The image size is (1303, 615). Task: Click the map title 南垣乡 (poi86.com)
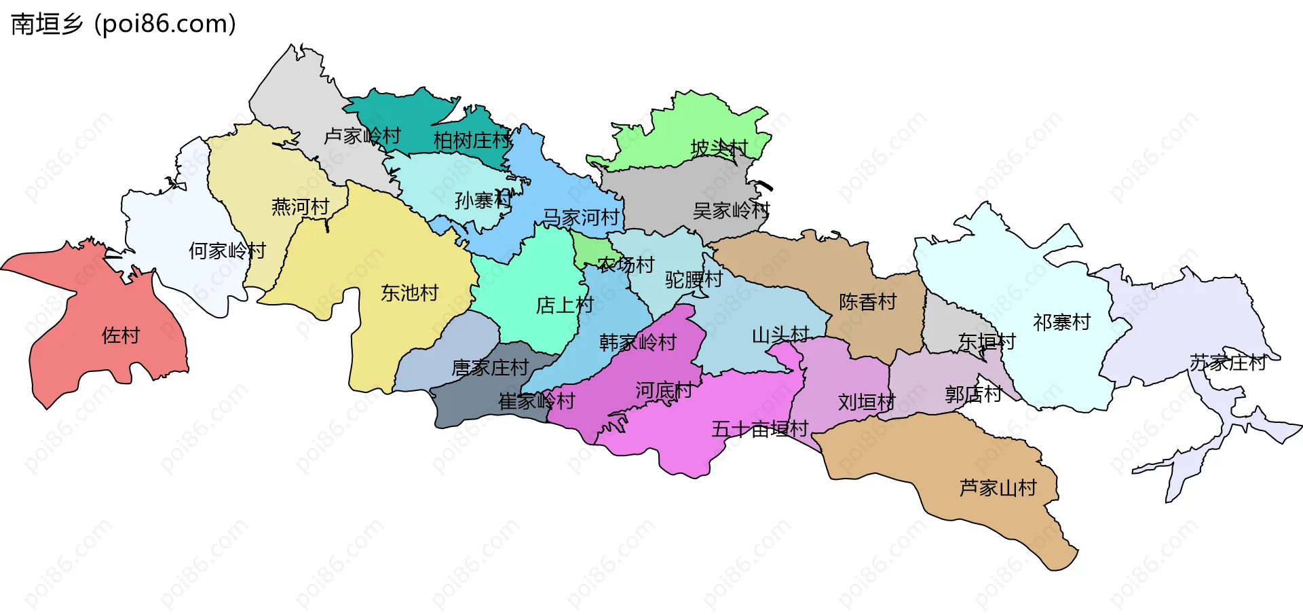[124, 24]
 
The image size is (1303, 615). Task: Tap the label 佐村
[120, 335]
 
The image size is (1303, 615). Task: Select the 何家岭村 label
[227, 251]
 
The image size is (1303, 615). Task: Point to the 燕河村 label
[300, 206]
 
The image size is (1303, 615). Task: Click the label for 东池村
[409, 293]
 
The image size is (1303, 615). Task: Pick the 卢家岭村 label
[362, 136]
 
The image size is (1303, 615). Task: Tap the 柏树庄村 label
[472, 141]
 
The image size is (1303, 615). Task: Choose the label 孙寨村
[483, 200]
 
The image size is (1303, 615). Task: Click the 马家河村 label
[581, 218]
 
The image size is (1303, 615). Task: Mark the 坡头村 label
[719, 147]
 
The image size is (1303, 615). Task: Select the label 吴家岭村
[731, 210]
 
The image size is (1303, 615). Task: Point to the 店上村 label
[565, 305]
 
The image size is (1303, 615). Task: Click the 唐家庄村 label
[490, 368]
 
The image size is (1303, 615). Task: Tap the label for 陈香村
[867, 301]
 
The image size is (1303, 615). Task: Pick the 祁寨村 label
[1061, 322]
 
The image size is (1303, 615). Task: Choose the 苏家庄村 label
[1228, 363]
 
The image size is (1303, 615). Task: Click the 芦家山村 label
[998, 488]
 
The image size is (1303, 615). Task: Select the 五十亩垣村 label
[759, 429]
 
